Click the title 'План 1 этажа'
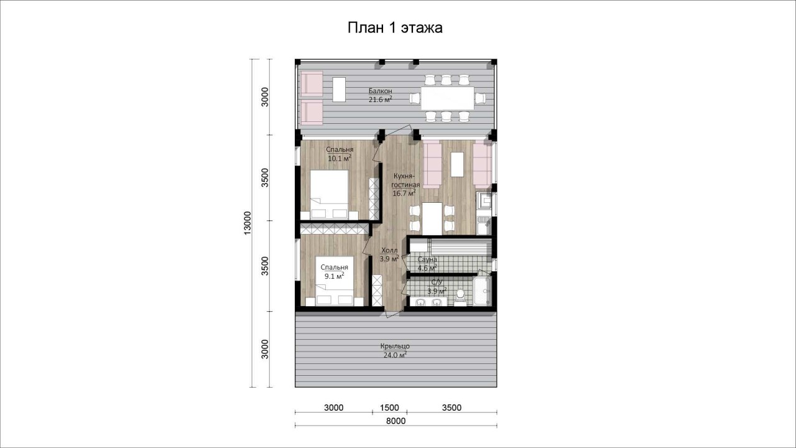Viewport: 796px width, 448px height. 395,28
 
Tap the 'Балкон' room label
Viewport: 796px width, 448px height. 380,91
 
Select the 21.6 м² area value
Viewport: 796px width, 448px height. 380,100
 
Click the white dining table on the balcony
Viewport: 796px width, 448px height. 447,98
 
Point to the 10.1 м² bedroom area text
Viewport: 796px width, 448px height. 340,158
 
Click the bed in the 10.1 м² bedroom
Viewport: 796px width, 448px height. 329,194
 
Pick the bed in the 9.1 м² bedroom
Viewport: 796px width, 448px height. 335,281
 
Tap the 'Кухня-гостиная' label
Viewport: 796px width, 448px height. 405,180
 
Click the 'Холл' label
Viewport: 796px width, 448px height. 389,250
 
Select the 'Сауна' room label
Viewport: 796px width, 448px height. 427,259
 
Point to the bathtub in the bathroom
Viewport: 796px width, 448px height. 482,291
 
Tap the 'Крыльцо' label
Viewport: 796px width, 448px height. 395,346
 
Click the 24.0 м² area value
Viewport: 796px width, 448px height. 395,355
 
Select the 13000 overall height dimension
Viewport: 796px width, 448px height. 248,223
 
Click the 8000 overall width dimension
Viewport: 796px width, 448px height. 396,421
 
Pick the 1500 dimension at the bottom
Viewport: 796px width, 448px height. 389,408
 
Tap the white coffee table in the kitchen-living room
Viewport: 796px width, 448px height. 457,165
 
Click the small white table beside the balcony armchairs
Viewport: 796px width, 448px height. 339,89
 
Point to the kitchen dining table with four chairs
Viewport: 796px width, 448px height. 432,218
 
